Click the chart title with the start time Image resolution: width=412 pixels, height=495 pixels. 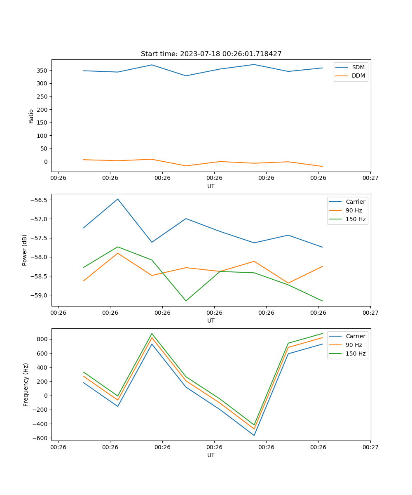point(211,54)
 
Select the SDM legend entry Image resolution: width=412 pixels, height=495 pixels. point(358,67)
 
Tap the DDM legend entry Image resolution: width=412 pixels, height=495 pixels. point(358,75)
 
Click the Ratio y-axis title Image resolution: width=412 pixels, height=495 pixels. point(31,116)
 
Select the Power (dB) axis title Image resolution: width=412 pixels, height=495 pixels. point(25,250)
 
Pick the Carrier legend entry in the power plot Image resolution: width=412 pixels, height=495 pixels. point(355,202)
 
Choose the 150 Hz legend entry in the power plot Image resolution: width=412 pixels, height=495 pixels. point(355,219)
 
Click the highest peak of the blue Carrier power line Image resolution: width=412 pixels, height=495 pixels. point(118,199)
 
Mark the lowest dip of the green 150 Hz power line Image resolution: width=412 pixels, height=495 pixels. point(186,301)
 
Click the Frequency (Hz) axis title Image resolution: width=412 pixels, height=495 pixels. point(26,384)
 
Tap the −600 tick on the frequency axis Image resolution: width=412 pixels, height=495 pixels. point(40,438)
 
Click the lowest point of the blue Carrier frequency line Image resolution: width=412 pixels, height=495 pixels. point(254,435)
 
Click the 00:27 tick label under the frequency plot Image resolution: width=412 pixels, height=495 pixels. point(370,447)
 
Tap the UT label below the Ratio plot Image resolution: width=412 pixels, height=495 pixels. point(211,186)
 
